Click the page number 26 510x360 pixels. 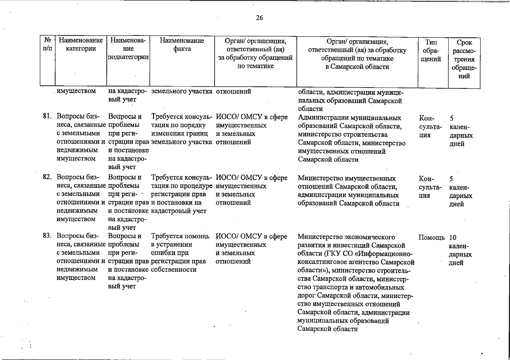click(259, 18)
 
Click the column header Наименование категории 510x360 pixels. click(81, 44)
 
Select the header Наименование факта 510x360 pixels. click(182, 44)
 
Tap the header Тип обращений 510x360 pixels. click(431, 51)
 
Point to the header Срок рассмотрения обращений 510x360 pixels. click(464, 59)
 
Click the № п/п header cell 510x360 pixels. click(47, 44)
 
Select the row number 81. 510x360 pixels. click(47, 116)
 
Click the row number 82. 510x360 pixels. click(47, 177)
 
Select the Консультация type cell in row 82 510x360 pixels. click(430, 187)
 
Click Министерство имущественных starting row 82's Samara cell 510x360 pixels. click(347, 178)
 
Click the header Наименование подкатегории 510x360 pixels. click(128, 49)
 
